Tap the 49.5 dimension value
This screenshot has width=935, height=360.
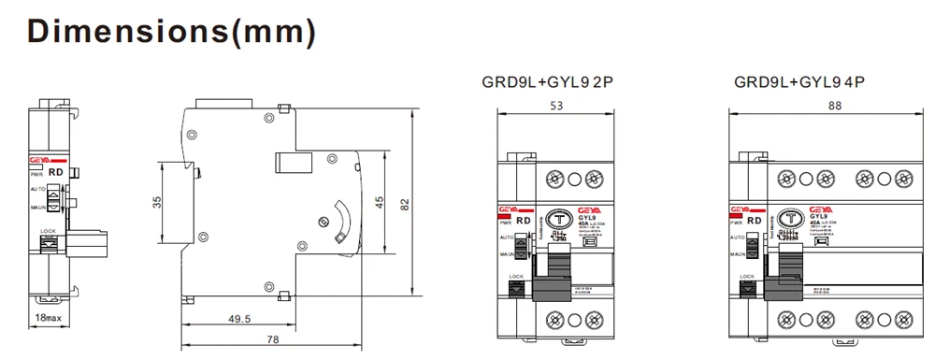click(x=241, y=319)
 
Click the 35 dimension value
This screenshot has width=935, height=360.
click(x=157, y=202)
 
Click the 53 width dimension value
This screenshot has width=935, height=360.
click(x=556, y=107)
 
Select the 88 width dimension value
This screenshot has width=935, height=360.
click(x=834, y=107)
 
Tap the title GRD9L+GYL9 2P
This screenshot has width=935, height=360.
click(x=548, y=81)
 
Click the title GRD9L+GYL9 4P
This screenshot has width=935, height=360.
click(x=800, y=81)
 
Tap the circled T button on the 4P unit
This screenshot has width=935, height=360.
click(x=790, y=215)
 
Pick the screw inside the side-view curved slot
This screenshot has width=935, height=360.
click(x=323, y=222)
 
